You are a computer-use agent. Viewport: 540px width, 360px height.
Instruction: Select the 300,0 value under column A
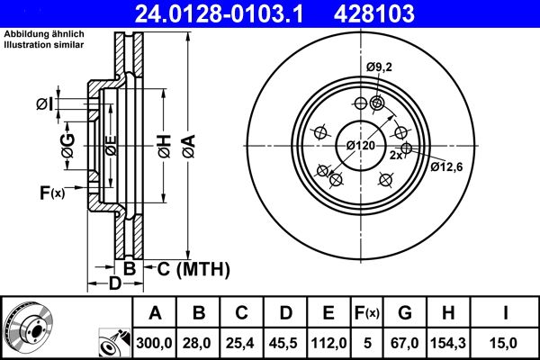point(156,343)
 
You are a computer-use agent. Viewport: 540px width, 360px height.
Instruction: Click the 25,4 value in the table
point(242,343)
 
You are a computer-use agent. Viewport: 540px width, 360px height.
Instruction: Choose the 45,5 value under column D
point(285,343)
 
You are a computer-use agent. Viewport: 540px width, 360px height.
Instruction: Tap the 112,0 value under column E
point(328,343)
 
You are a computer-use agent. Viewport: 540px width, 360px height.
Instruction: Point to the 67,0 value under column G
point(405,343)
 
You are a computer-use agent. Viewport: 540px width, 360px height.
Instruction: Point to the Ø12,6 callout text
point(447,166)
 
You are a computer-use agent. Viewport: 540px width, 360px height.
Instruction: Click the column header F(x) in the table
point(367,312)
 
